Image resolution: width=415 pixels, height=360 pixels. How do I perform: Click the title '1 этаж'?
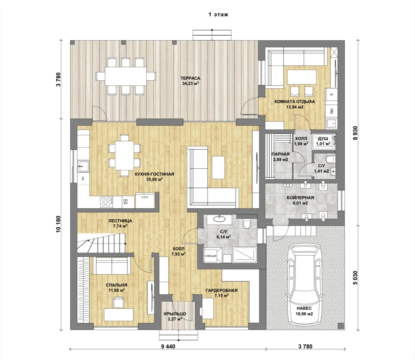tap(218, 14)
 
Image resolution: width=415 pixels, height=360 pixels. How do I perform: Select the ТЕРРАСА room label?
tap(190, 78)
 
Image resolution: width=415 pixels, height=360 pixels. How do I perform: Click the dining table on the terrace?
tap(126, 76)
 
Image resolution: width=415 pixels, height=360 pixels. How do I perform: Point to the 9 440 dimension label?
tap(168, 347)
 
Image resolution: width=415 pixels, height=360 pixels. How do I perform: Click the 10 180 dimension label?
tap(58, 227)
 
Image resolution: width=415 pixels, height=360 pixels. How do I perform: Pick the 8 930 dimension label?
tap(355, 133)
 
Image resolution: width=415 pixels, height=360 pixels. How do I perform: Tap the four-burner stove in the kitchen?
tap(107, 202)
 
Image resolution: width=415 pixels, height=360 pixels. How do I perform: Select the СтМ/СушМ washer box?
tap(211, 256)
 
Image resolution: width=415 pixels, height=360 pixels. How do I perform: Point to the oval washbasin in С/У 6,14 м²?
tap(219, 218)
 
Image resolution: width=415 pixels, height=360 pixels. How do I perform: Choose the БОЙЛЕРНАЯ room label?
tap(300, 198)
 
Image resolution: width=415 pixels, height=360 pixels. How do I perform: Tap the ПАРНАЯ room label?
tap(281, 154)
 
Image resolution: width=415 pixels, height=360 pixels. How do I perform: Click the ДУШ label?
tap(323, 139)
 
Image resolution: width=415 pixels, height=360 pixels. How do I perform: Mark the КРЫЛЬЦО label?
tap(175, 314)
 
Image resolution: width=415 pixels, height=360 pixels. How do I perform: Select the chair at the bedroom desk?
tap(119, 302)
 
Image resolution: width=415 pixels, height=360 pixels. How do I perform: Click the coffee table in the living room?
tap(218, 167)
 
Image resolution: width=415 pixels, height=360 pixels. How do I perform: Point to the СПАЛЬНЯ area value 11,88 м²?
tap(116, 290)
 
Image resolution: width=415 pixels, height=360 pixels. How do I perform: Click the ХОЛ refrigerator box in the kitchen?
tap(145, 200)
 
